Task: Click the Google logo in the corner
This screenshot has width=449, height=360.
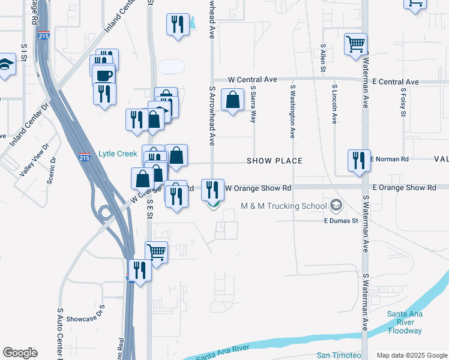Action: [20, 353]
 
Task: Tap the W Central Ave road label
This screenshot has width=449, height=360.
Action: [252, 79]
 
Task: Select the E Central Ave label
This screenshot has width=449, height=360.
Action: [395, 82]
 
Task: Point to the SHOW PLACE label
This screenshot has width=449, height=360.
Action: [275, 161]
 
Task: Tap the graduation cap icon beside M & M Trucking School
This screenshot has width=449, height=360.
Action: [336, 206]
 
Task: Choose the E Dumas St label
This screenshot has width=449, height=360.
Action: [341, 221]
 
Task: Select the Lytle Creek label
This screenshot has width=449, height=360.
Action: [119, 154]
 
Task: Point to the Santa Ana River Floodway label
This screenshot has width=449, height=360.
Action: [405, 322]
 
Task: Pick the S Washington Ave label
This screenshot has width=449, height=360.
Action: [293, 111]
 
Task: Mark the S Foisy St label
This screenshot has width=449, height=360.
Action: [403, 102]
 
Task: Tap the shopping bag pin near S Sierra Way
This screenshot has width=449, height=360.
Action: [232, 100]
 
